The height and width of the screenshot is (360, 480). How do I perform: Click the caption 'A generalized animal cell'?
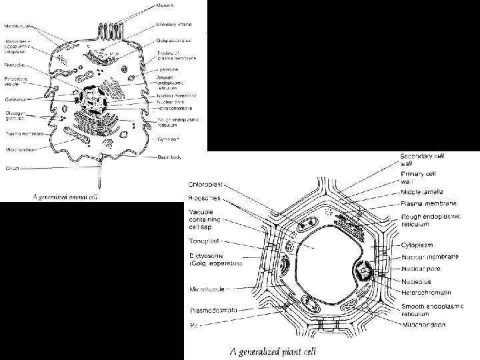[57, 195]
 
